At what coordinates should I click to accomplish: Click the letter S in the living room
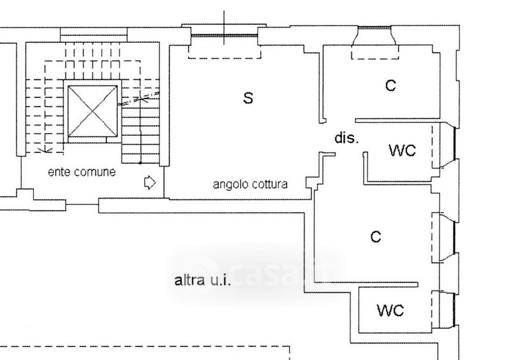(x=248, y=97)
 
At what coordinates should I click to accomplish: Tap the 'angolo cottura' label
(x=250, y=184)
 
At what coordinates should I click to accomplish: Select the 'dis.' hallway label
(x=346, y=138)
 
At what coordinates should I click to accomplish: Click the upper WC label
(x=403, y=151)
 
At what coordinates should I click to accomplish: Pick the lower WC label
(x=390, y=310)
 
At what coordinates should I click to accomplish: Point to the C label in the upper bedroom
(x=390, y=86)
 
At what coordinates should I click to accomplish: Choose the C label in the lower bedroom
(x=376, y=236)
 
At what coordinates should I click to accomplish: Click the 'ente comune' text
(x=82, y=172)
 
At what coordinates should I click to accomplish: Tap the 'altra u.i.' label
(x=203, y=281)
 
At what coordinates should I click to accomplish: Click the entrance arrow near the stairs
(x=150, y=183)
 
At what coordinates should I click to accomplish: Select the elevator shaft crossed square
(x=92, y=111)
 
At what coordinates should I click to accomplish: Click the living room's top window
(x=225, y=35)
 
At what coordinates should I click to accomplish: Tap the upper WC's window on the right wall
(x=454, y=143)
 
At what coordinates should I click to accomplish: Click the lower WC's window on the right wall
(x=454, y=309)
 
